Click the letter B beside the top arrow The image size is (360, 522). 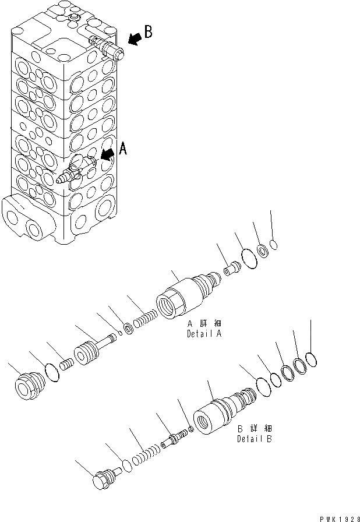click(148, 32)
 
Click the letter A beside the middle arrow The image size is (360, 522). click(122, 150)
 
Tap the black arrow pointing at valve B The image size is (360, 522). click(134, 39)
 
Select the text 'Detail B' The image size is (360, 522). click(254, 434)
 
